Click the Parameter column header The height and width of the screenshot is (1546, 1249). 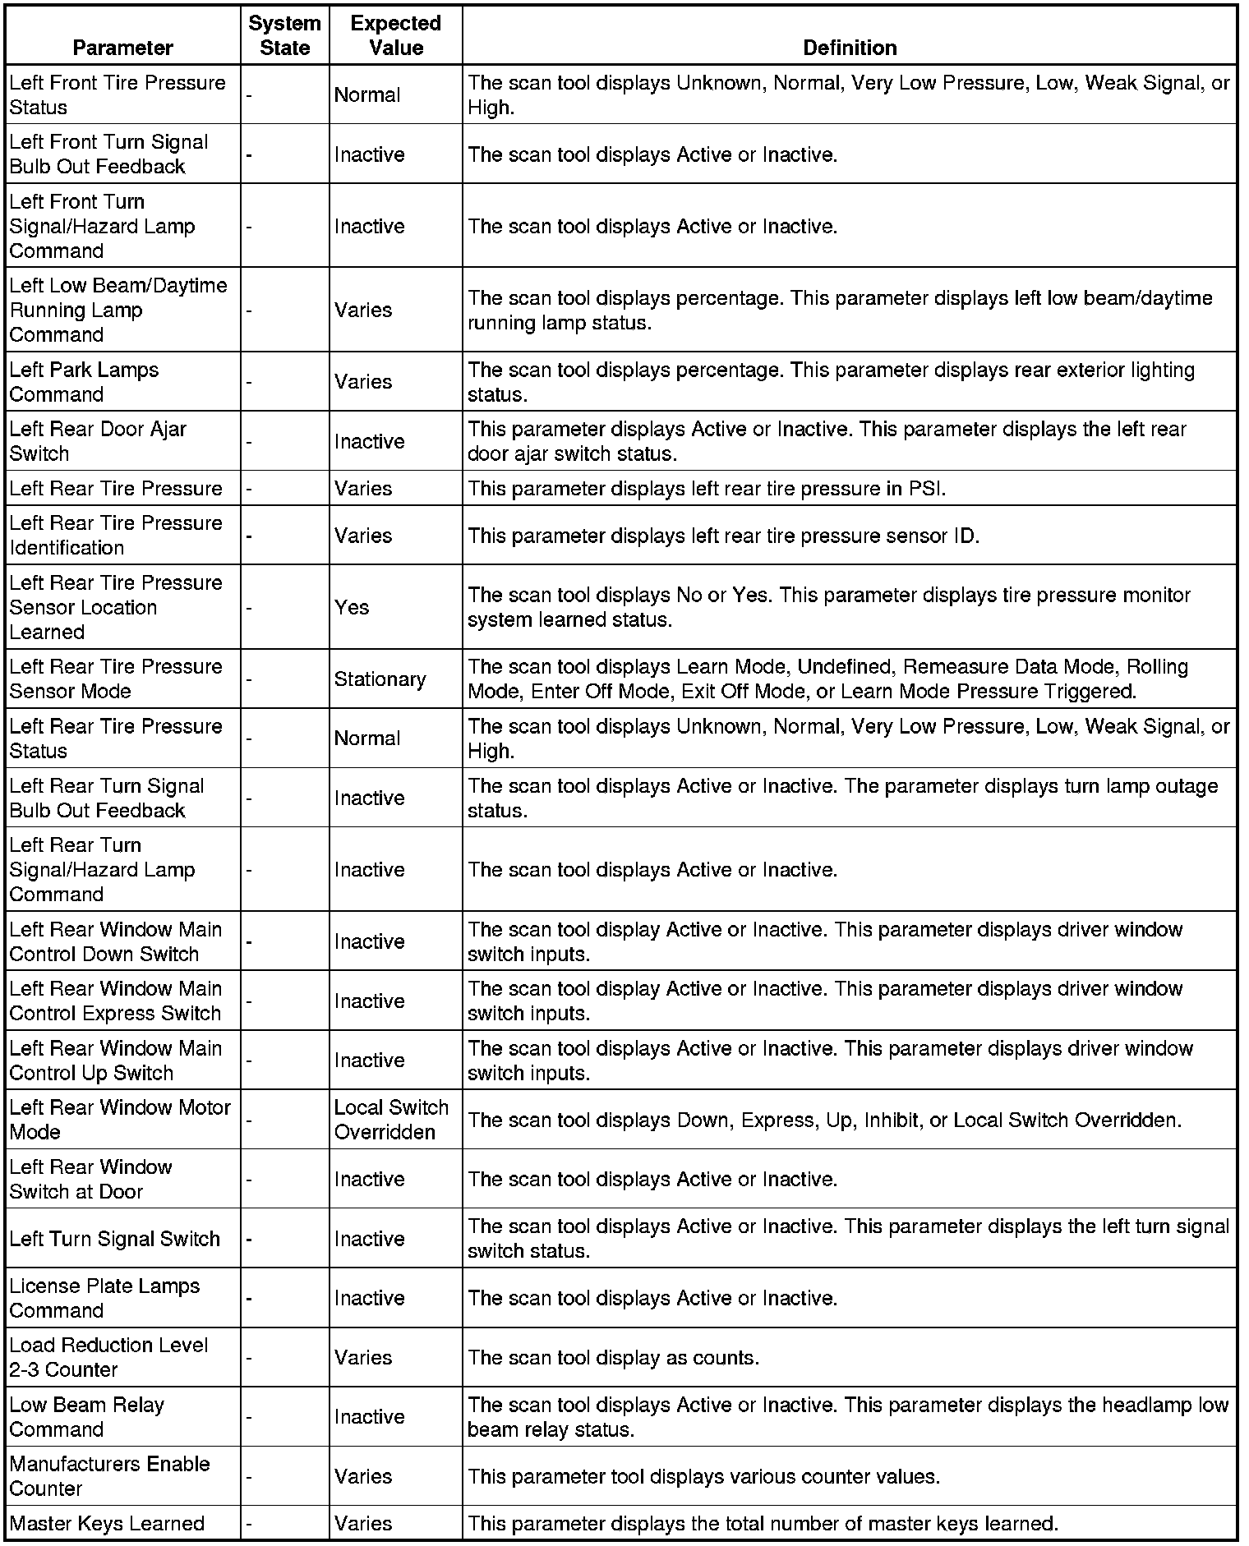tap(123, 48)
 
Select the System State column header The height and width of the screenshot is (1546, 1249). tap(284, 35)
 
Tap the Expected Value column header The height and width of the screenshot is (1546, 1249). tap(395, 35)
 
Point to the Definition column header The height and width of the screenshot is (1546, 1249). tap(850, 48)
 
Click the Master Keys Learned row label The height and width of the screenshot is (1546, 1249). tap(107, 1524)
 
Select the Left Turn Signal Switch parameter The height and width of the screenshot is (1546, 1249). tap(115, 1239)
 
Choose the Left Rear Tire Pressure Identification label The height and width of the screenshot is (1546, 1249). tap(116, 536)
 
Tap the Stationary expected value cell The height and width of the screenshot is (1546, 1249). tap(380, 679)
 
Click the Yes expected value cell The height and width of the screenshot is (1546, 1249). tap(352, 608)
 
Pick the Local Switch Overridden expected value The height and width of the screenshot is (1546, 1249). tap(391, 1120)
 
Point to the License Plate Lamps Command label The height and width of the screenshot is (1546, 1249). tap(104, 1298)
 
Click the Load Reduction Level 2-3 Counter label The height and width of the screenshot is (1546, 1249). tap(108, 1357)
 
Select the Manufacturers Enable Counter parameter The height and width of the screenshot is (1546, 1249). tap(109, 1476)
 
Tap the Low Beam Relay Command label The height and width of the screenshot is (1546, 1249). tap(86, 1417)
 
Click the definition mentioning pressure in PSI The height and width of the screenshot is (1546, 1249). tap(707, 489)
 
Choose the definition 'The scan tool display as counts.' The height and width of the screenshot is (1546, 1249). tap(613, 1358)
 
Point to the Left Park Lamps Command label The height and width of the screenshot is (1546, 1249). tap(84, 382)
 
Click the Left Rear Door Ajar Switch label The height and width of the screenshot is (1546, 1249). tap(98, 441)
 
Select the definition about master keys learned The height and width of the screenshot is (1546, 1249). tap(763, 1524)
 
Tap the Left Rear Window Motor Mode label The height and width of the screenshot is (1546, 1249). tap(120, 1120)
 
